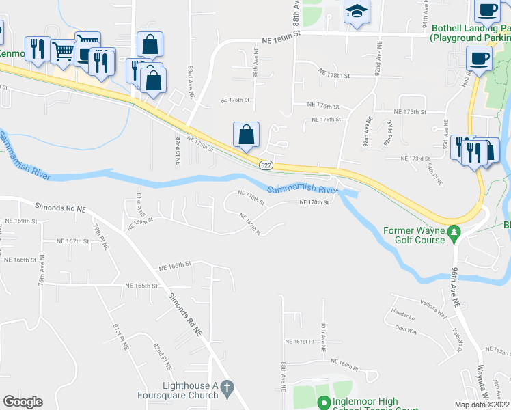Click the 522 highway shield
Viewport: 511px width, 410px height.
[x=266, y=166]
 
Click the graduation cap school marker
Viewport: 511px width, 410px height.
[x=356, y=12]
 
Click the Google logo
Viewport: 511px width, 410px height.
[x=23, y=402]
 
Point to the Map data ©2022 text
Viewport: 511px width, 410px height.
[x=482, y=405]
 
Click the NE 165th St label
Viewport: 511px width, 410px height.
[x=141, y=285]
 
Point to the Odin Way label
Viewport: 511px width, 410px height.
[x=406, y=329]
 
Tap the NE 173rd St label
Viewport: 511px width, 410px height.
[x=418, y=159]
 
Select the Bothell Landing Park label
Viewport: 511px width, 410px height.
[x=471, y=30]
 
